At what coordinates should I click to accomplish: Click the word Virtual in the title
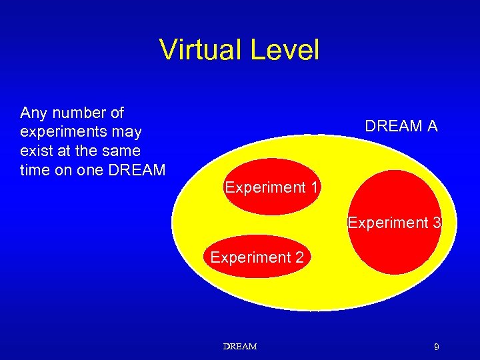coord(199,50)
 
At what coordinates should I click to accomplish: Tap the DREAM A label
coord(401,125)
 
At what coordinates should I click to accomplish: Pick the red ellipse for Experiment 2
coord(257,270)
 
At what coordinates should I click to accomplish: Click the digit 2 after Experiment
coord(299,257)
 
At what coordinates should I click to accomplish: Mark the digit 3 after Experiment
coord(436,223)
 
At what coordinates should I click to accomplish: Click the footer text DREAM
coord(239,347)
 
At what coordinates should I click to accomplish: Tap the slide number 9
coord(436,347)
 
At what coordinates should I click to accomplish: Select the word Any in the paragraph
coord(33,112)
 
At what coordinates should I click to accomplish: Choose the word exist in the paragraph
coord(36,151)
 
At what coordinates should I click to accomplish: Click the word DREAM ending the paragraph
coord(136,170)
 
